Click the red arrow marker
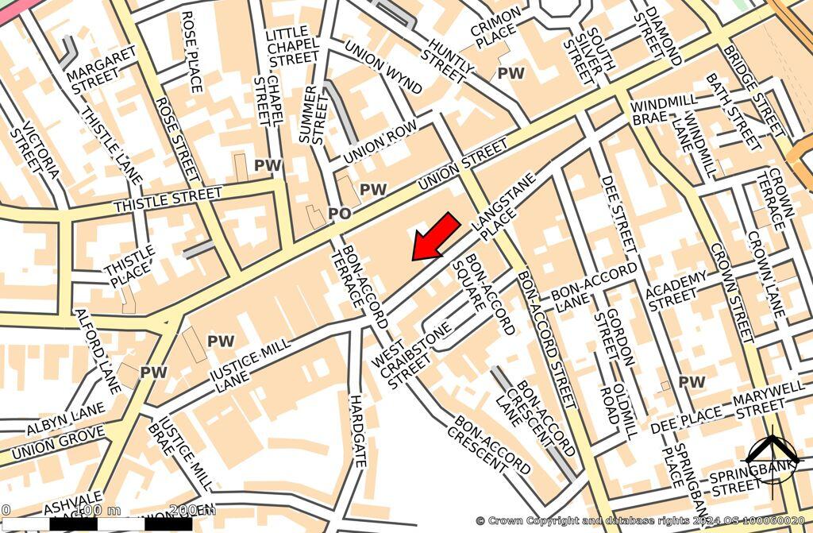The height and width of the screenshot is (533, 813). point(436,236)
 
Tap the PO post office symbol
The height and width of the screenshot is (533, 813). point(339,214)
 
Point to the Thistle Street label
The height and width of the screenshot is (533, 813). point(168,200)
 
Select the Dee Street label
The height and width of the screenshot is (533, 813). point(618,214)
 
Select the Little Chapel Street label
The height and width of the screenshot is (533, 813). point(292,46)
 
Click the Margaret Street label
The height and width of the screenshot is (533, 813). point(102,70)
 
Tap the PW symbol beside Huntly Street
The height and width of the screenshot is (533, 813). point(511,73)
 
